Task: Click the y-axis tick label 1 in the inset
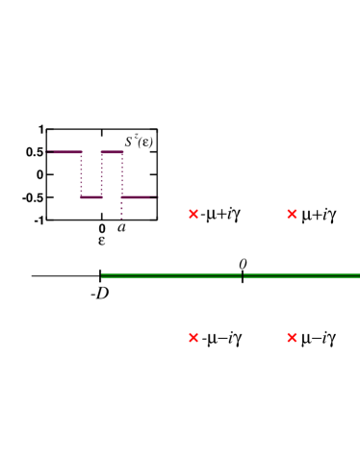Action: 40,129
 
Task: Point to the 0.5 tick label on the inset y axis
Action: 34,152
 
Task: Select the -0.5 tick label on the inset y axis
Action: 32,197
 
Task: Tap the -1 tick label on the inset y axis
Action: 38,220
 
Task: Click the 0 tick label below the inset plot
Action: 102,228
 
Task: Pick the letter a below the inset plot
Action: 121,228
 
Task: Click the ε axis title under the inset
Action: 101,241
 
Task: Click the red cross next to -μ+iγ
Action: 193,214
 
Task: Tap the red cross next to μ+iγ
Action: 292,214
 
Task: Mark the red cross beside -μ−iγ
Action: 193,338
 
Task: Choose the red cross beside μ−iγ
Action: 292,338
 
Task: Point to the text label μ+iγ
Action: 319,214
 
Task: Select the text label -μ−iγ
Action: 221,338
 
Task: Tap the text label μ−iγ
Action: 319,338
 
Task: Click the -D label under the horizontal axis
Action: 99,293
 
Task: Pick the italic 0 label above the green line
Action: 243,264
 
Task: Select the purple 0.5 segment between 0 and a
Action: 112,151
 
